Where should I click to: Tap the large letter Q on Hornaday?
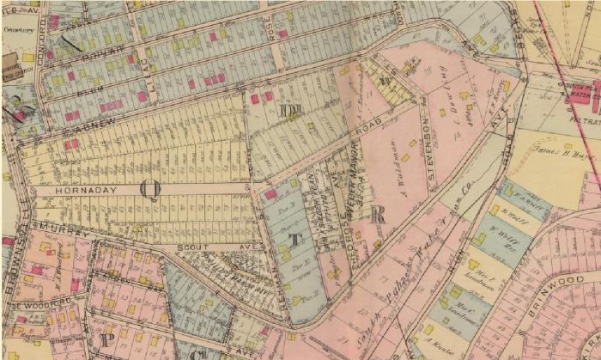[150, 190]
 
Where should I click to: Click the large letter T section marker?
[294, 240]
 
